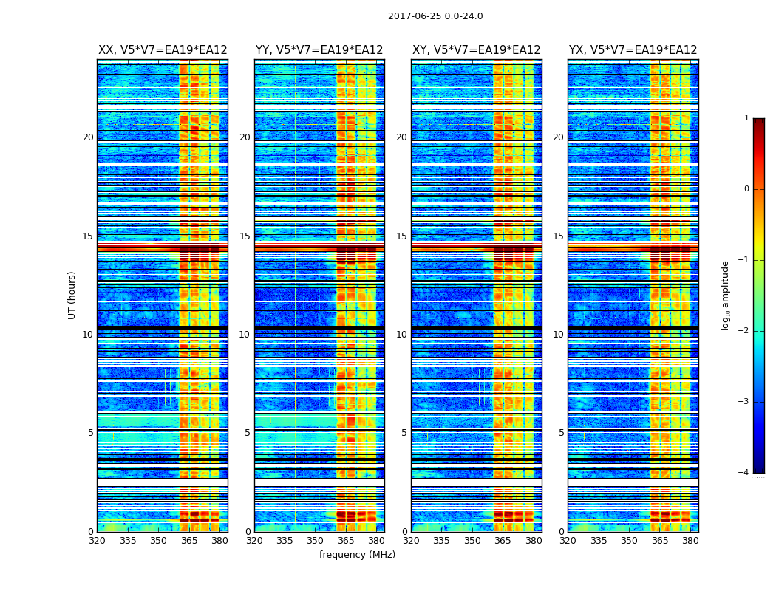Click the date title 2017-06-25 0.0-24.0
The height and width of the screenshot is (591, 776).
(x=435, y=16)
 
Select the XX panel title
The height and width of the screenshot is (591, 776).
(x=163, y=50)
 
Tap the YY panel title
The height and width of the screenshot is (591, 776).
(x=319, y=50)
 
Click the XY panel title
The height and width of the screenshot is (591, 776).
(x=476, y=50)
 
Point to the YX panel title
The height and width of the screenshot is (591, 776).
(x=633, y=50)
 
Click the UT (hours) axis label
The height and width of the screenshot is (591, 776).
(x=72, y=295)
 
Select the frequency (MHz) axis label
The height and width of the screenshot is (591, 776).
(x=357, y=555)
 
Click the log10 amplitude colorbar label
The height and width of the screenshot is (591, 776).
(x=726, y=295)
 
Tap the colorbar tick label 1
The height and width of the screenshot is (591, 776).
(x=746, y=118)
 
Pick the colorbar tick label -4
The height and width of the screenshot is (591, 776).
(x=745, y=473)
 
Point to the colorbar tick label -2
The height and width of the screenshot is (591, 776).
(x=745, y=331)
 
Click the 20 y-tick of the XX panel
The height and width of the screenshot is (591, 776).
(x=88, y=137)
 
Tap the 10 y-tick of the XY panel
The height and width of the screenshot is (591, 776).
(x=401, y=335)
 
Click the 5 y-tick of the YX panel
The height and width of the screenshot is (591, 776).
(x=562, y=433)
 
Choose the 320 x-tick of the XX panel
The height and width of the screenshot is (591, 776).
(x=97, y=541)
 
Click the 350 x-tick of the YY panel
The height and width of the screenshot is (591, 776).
(x=316, y=541)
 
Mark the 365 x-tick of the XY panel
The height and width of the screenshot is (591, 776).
(x=503, y=541)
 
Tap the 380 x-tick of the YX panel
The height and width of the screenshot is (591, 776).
(x=690, y=541)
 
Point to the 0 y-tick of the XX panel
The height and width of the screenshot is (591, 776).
(x=91, y=532)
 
